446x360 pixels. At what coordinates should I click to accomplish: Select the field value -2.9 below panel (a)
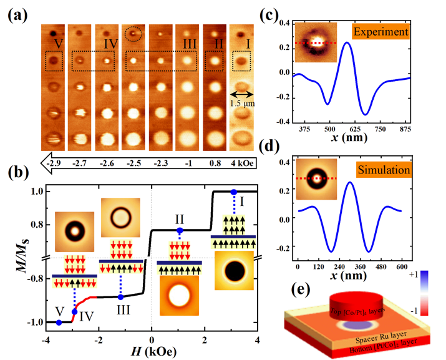pos(55,164)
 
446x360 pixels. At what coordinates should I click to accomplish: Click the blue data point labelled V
pos(59,322)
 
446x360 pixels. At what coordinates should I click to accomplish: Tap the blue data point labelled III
pos(120,296)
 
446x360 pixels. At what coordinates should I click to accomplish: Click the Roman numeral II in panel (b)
pos(180,220)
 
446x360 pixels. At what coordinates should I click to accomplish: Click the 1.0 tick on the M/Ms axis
pos(32,192)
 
